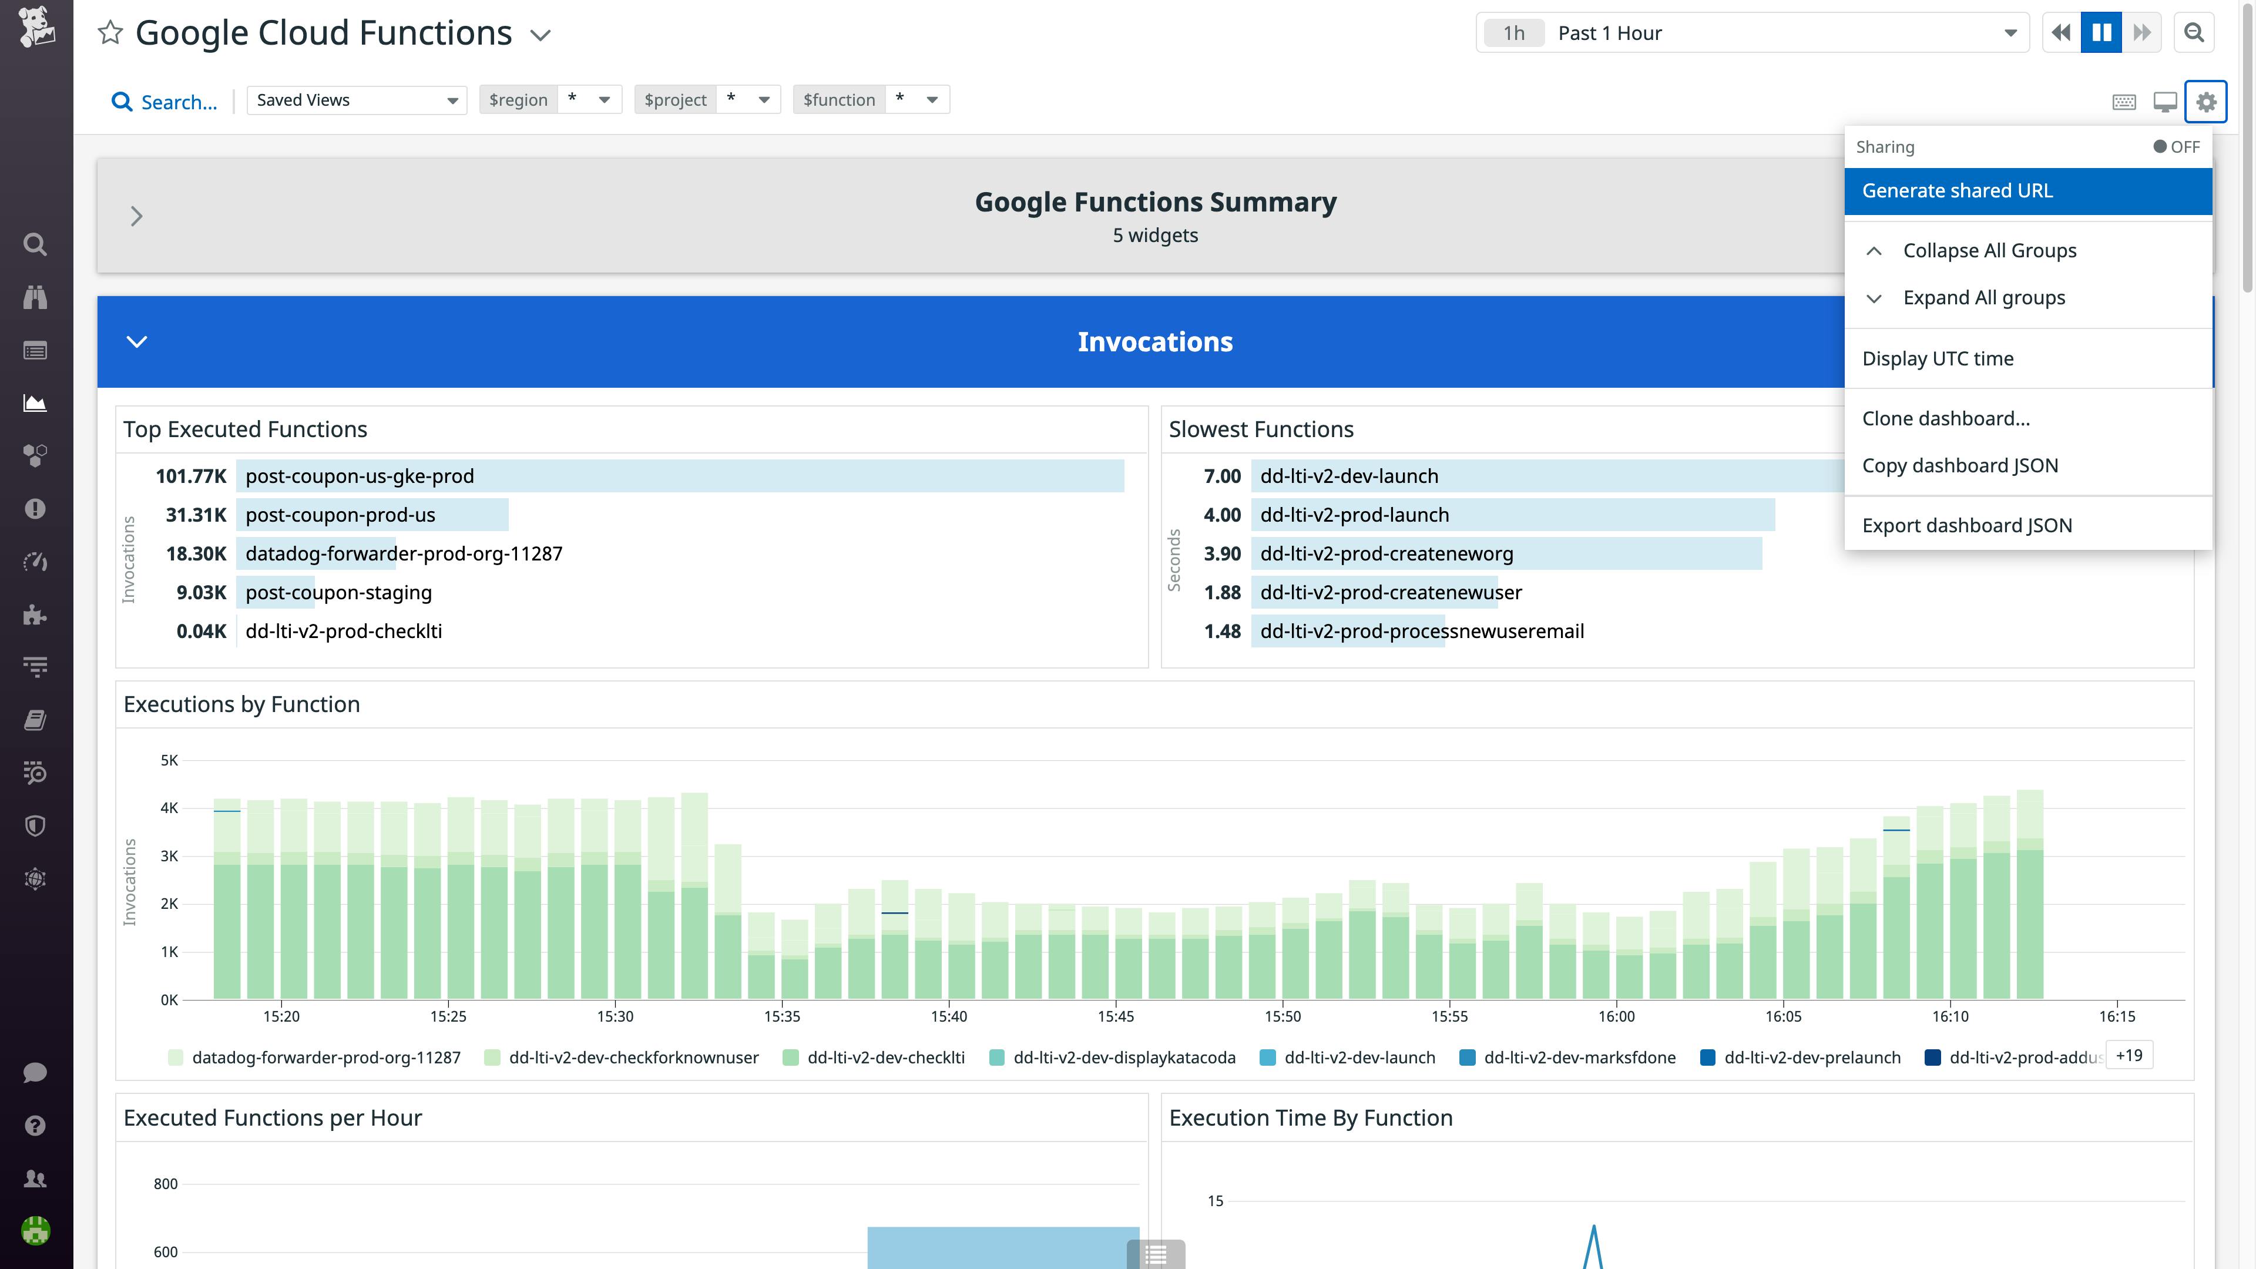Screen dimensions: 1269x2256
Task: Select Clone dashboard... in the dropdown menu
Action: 1945,419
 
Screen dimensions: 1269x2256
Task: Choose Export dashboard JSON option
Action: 1966,525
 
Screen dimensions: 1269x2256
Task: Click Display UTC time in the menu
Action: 1937,358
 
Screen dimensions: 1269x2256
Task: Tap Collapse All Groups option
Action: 1989,250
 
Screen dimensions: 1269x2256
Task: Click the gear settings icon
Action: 2205,102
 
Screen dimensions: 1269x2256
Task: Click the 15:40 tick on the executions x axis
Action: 948,1016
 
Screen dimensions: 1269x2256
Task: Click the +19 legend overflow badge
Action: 2128,1055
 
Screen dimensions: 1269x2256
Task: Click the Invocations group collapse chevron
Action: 137,341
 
